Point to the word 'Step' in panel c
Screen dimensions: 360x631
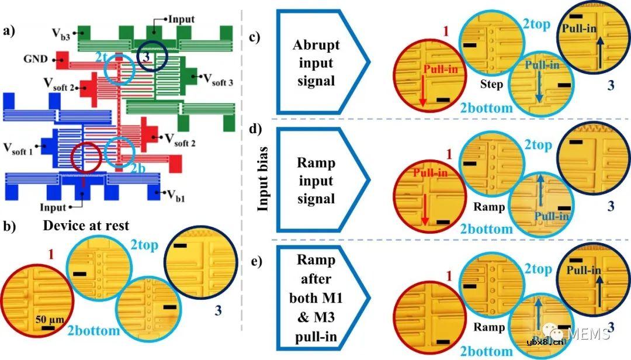click(492, 85)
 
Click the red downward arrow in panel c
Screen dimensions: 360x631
click(422, 92)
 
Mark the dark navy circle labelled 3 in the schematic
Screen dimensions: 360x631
click(151, 59)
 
